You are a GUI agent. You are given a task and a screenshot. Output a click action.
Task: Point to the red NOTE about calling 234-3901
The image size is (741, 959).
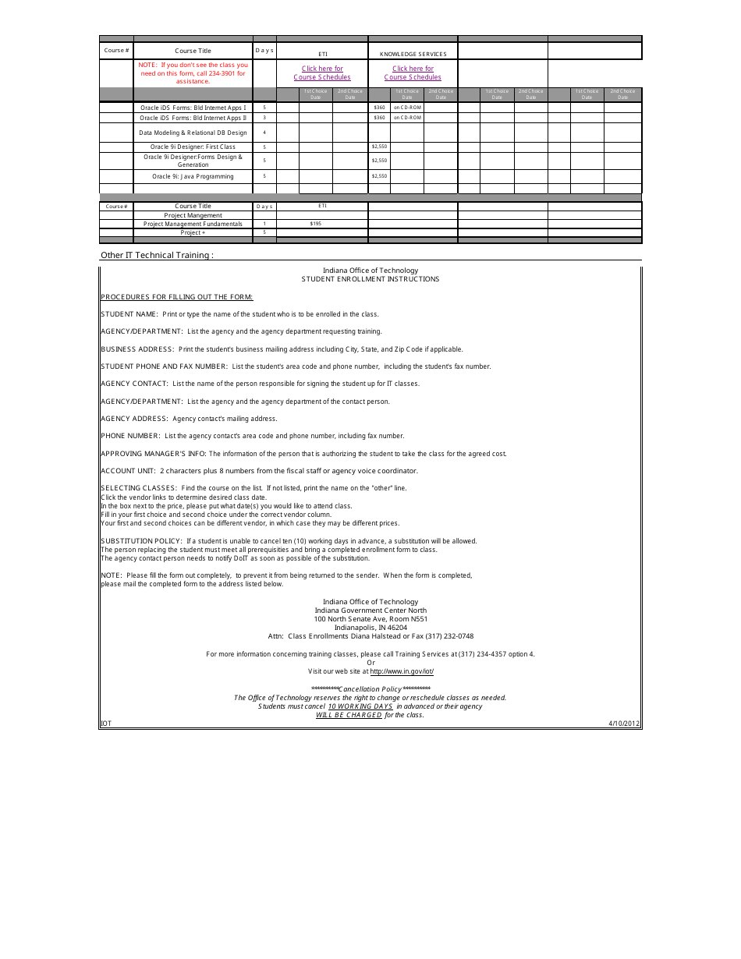pos(193,73)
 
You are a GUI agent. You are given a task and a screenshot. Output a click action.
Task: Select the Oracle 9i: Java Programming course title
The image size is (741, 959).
pos(193,176)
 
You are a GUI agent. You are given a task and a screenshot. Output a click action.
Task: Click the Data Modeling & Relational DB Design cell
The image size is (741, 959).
pos(193,133)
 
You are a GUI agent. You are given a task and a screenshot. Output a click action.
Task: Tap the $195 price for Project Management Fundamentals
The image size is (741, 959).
pos(315,224)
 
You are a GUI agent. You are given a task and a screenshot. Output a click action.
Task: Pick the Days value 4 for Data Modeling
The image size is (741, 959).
pos(264,133)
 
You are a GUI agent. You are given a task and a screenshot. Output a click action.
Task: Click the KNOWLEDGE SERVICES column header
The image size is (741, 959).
pos(413,54)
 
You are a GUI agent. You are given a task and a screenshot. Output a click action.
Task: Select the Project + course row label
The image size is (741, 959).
pos(193,232)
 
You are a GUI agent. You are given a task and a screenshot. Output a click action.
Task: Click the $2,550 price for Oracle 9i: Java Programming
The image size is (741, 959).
pos(379,176)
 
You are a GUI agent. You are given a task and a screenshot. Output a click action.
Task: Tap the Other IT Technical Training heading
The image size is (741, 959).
pos(157,256)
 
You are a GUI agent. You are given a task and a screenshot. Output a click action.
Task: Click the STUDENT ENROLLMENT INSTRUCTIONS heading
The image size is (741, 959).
pos(370,279)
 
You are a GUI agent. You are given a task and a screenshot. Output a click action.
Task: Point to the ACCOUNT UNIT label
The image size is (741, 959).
pos(129,471)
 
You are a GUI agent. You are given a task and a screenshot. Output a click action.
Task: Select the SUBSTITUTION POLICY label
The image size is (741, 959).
pos(141,541)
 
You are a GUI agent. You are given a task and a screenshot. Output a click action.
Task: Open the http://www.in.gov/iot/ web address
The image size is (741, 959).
pos(402,671)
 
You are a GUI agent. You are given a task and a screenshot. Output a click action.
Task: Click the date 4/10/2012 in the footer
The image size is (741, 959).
pos(624,724)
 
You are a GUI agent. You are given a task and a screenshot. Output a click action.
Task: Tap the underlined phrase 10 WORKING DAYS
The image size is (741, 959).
pos(360,706)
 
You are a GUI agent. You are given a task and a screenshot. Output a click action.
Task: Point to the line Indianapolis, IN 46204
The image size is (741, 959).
pos(370,628)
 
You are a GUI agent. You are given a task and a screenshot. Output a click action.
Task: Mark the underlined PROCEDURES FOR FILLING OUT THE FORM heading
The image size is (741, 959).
pos(177,297)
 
